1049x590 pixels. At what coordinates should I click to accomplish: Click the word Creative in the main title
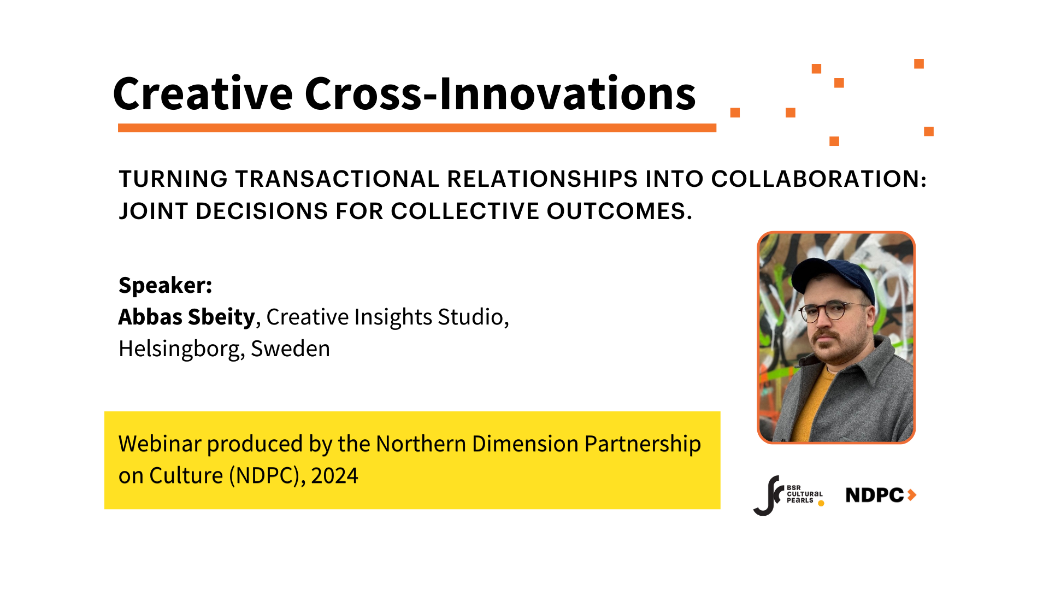coord(203,94)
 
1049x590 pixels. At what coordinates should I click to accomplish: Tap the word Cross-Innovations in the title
coord(500,94)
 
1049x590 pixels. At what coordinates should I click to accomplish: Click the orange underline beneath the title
coord(417,128)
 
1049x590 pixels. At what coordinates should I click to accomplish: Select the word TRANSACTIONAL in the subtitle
coord(337,179)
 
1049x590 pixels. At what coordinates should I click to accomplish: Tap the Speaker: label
coord(165,285)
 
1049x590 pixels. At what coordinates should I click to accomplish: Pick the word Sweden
coord(290,349)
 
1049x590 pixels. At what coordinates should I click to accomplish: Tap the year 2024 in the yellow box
coord(334,476)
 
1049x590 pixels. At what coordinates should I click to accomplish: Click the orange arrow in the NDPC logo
coord(911,495)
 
